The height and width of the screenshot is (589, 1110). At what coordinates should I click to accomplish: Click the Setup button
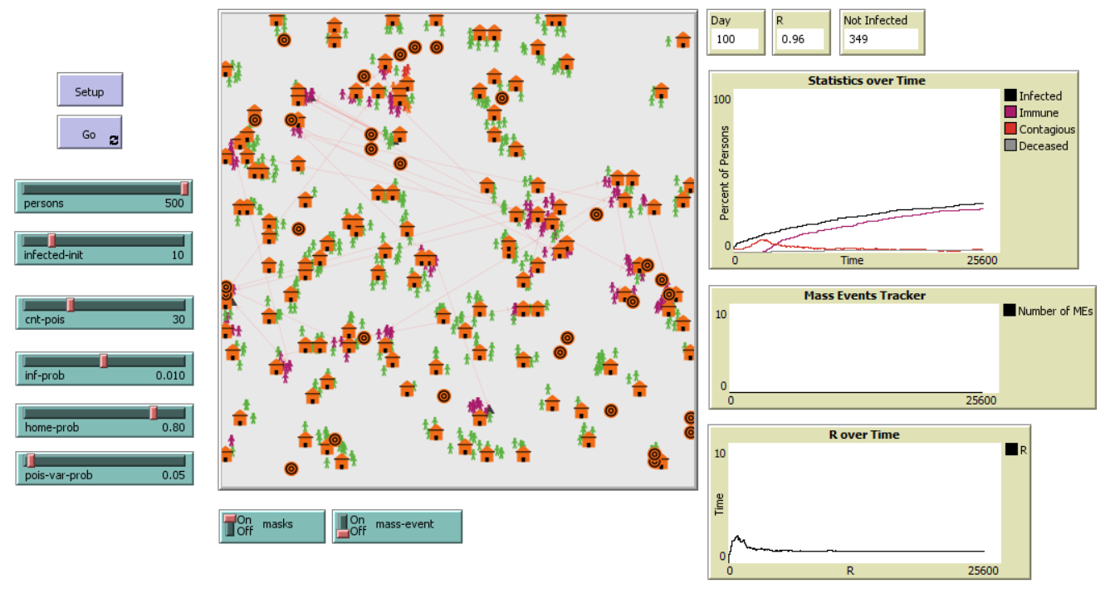90,91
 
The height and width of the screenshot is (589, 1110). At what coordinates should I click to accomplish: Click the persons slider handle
185,189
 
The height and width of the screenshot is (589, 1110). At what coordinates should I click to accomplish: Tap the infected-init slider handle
51,241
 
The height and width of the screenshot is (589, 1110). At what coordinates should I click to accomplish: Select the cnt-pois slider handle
71,305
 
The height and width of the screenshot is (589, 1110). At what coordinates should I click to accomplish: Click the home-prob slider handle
154,413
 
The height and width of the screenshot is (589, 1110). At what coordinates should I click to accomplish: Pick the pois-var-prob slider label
58,476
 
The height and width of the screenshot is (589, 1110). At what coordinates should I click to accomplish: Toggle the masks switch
230,525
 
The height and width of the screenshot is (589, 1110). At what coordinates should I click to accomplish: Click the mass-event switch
343,526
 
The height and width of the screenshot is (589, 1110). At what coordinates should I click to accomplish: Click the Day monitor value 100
734,39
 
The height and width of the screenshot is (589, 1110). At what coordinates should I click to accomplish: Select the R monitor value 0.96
799,39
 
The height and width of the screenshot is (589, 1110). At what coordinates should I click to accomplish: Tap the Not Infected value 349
880,39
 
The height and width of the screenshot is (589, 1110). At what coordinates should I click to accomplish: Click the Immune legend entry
1038,112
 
